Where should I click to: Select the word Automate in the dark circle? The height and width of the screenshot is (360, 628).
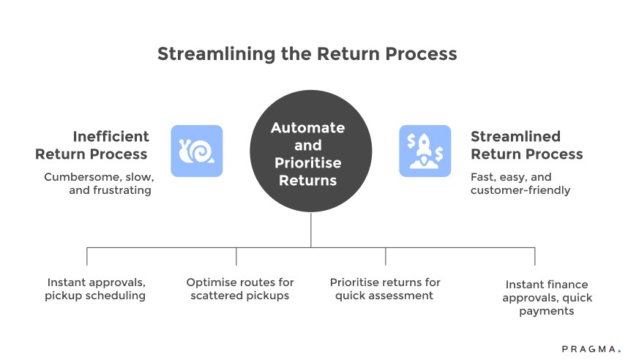coord(307,127)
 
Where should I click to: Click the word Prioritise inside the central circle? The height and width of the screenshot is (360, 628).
coord(307,162)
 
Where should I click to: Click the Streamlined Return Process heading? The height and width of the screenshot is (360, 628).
coord(526,145)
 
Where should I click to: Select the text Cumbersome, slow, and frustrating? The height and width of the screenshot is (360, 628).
coord(97,184)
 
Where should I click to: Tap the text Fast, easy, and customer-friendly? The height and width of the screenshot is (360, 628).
coord(520,184)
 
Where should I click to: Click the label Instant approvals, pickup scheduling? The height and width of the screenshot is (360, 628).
coord(95,289)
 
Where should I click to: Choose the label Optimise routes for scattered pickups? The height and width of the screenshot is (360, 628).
coord(240,289)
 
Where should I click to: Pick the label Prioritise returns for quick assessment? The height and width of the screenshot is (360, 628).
coord(385,289)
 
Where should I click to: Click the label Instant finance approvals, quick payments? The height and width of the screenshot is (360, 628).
coord(547,298)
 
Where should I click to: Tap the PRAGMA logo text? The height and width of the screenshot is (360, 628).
coord(586,350)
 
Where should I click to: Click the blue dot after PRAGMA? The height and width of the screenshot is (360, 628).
coord(618,353)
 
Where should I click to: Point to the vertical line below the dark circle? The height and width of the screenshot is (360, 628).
coord(310,230)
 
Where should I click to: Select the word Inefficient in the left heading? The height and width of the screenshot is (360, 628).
coord(111,136)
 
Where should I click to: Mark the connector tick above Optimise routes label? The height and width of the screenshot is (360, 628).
coord(236,256)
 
